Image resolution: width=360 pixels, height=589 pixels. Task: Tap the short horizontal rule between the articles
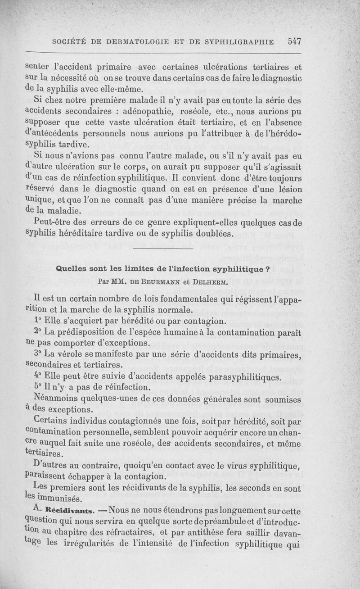coord(163,248)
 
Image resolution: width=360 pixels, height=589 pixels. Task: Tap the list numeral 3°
coord(37,354)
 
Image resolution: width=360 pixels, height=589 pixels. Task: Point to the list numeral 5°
coord(37,387)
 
